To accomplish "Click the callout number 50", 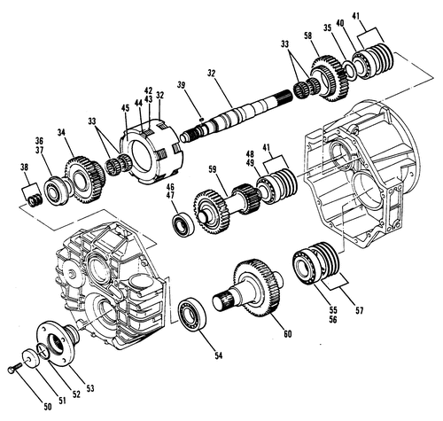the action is coord(47,407).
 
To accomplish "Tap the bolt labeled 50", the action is coord(14,368).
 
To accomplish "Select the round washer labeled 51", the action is coord(31,359).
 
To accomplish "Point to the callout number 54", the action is coord(218,355).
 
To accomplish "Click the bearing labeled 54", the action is coord(192,314).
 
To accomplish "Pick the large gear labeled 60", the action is coord(250,289).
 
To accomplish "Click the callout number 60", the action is coord(287,334).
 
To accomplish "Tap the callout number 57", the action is coord(359,310).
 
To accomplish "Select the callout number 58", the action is coord(307,35).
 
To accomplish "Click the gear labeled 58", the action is coord(330,78).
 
